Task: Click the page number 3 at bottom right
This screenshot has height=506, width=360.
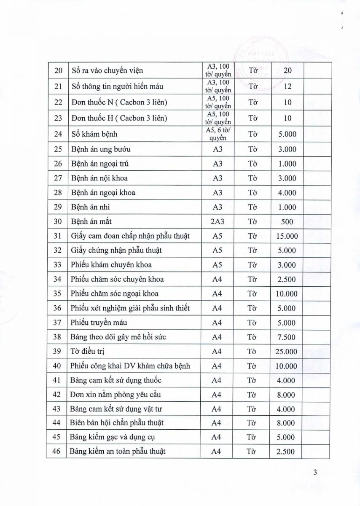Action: click(x=315, y=472)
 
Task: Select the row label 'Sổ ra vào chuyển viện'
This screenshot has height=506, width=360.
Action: click(x=107, y=71)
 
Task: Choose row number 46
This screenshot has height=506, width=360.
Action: click(x=57, y=451)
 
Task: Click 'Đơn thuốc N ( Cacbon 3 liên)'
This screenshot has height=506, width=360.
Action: click(x=119, y=102)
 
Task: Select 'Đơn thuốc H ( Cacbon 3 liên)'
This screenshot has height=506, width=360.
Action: click(x=119, y=118)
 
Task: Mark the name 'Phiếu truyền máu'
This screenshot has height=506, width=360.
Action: click(x=99, y=323)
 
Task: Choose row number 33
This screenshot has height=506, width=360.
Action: click(x=57, y=265)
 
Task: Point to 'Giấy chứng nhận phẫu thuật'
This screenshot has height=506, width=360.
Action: click(x=116, y=250)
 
